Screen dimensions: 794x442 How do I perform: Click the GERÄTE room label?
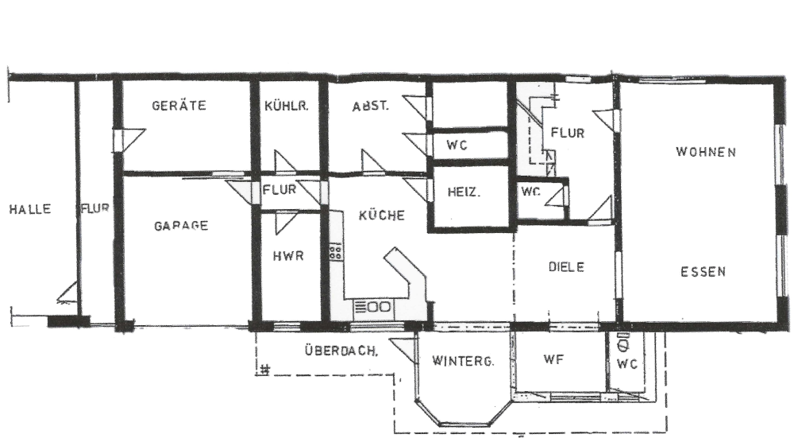[x=179, y=106]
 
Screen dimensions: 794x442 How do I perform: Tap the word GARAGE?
[x=181, y=226]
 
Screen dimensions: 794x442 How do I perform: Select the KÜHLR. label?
[x=286, y=106]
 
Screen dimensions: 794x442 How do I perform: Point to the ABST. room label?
[x=371, y=107]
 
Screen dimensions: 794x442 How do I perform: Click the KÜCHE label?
[x=382, y=215]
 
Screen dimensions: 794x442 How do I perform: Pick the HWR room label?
[x=288, y=255]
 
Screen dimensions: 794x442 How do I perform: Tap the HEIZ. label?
[x=464, y=192]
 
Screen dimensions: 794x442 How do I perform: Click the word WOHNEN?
[x=706, y=152]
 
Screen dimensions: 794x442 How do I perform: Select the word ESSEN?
[x=703, y=272]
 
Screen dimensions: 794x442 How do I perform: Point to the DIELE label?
[x=567, y=267]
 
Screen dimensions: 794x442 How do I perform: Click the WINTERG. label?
[x=463, y=361]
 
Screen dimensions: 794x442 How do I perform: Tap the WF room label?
[x=553, y=359]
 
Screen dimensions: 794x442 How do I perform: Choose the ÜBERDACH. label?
[x=341, y=351]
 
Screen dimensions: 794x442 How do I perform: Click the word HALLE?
[x=30, y=209]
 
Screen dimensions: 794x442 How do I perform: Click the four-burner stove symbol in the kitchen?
[x=335, y=252]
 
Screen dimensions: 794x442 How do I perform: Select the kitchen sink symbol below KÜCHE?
[x=373, y=307]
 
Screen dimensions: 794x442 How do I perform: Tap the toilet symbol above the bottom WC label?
[x=622, y=343]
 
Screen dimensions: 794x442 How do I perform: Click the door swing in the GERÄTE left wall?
[x=130, y=140]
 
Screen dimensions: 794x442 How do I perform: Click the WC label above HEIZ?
[x=457, y=145]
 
